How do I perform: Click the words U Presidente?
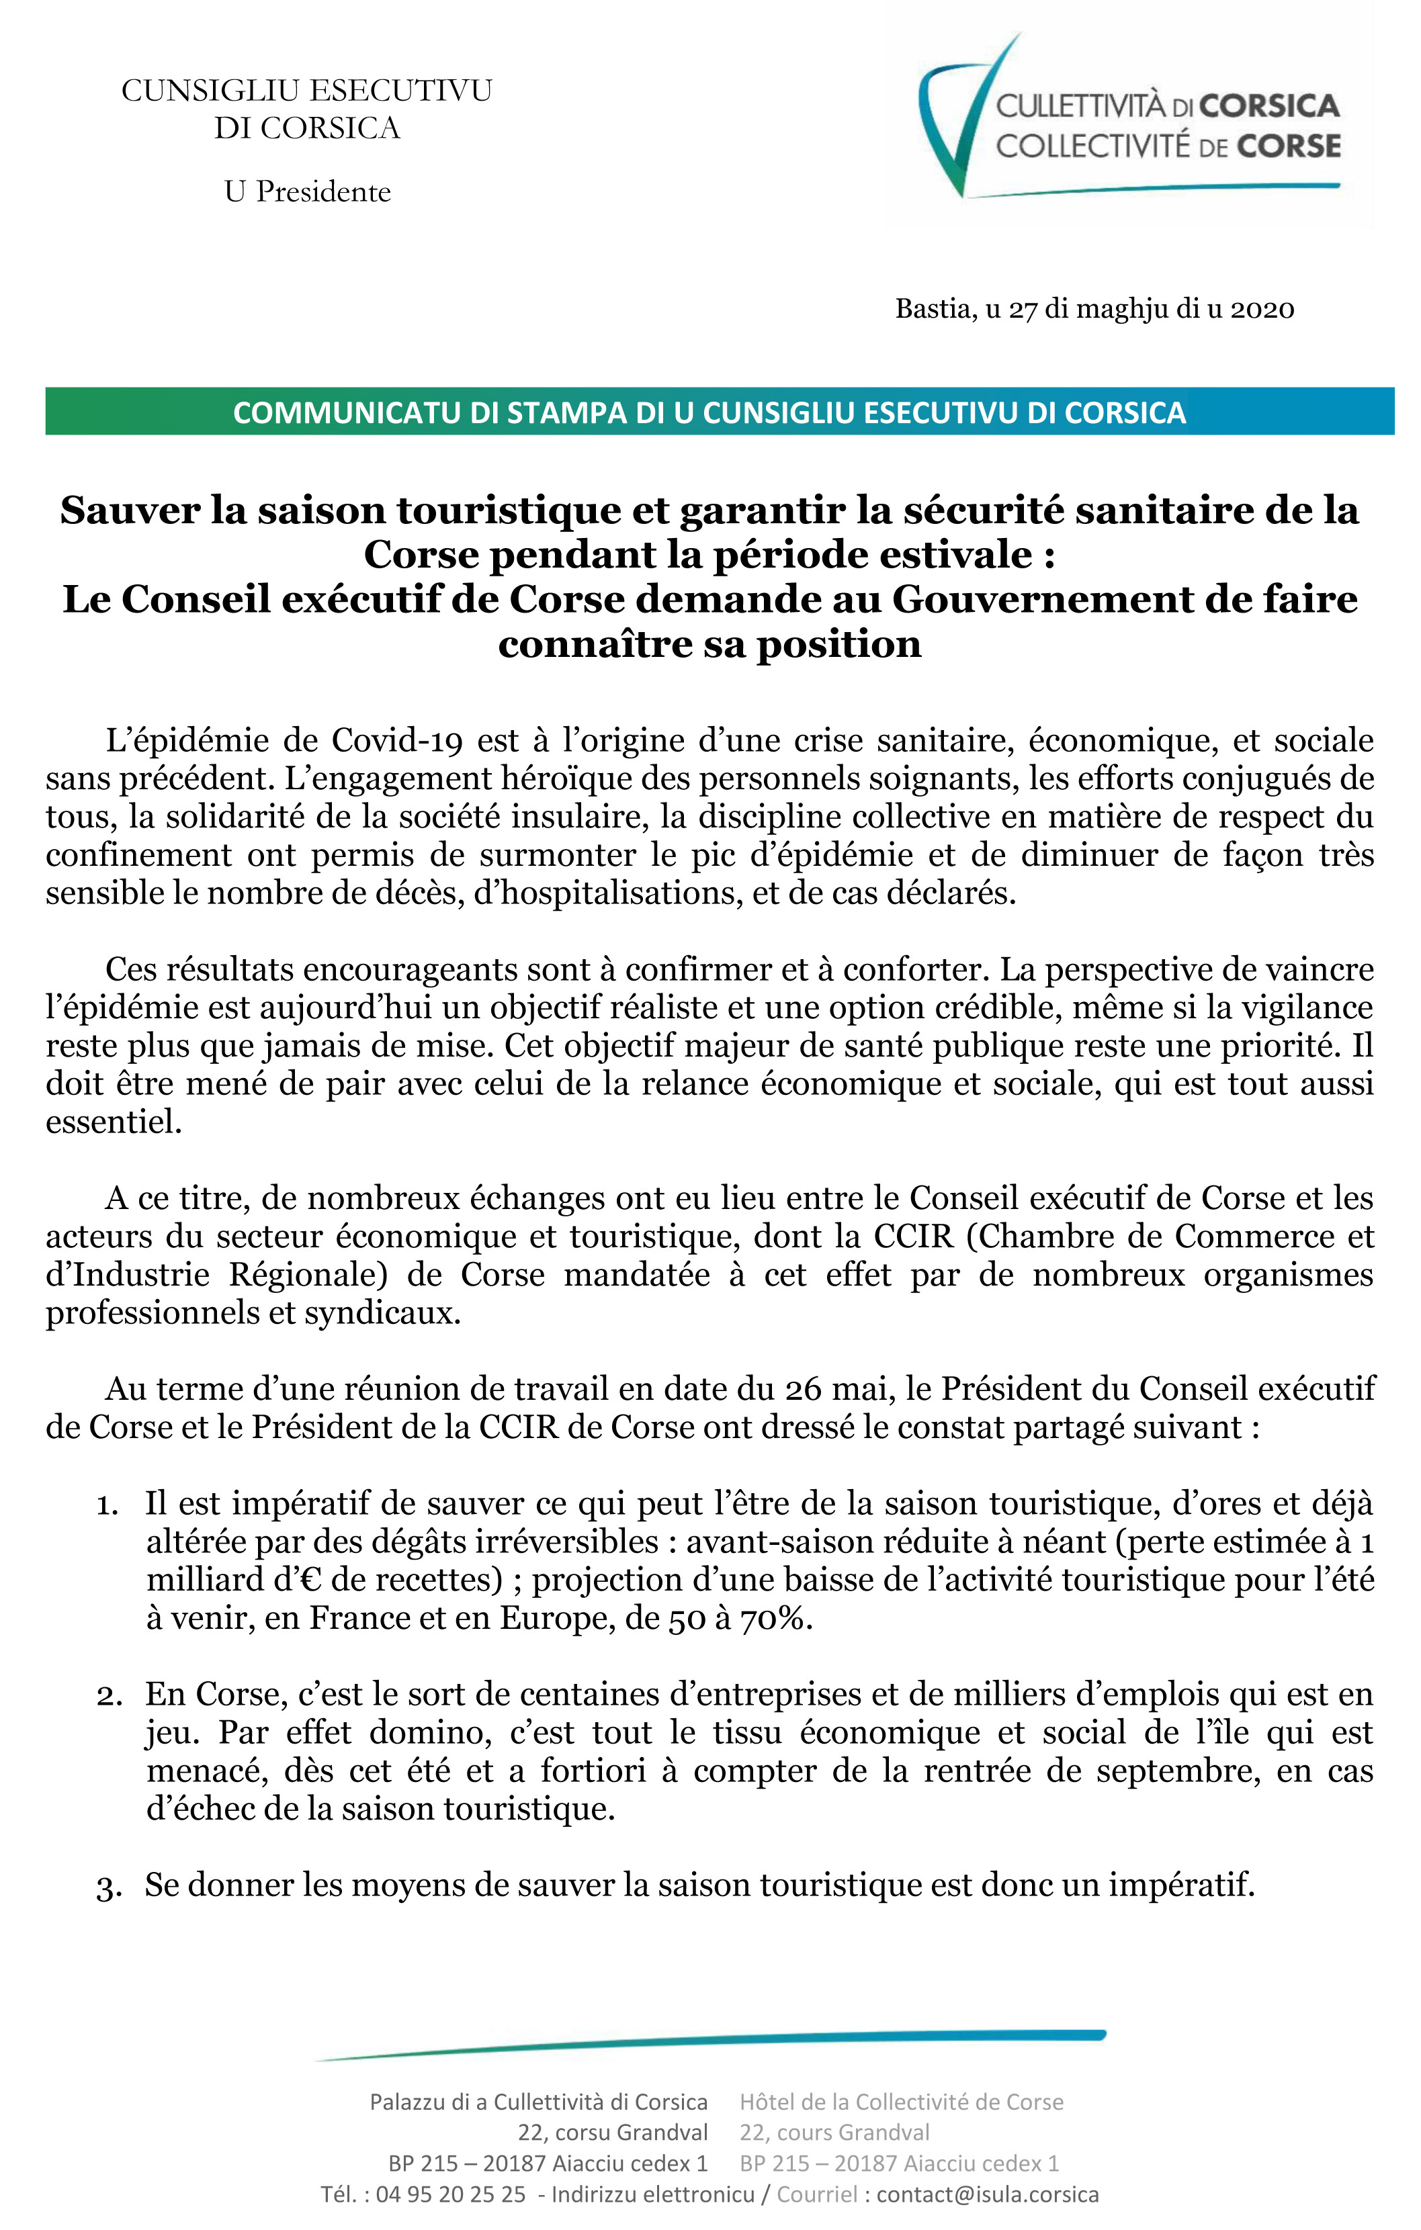pyautogui.click(x=308, y=191)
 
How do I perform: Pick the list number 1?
pyautogui.click(x=107, y=1505)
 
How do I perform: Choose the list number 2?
pyautogui.click(x=108, y=1695)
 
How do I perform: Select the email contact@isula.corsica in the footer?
pyautogui.click(x=988, y=2194)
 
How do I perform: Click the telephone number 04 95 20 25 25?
pyautogui.click(x=450, y=2194)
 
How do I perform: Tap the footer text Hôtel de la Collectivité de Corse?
pyautogui.click(x=900, y=2102)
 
